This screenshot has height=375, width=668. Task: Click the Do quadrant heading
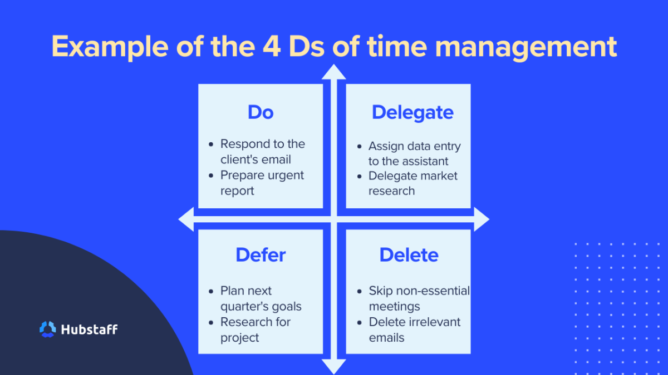pyautogui.click(x=261, y=112)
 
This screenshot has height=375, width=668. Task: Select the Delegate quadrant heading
pyautogui.click(x=412, y=112)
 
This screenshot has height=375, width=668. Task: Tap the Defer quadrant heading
pyautogui.click(x=261, y=255)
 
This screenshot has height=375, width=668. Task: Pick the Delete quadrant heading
pyautogui.click(x=409, y=255)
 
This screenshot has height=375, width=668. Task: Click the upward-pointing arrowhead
pyautogui.click(x=334, y=72)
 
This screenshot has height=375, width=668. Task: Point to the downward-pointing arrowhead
pyautogui.click(x=334, y=367)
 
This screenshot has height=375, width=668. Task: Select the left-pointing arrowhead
pyautogui.click(x=186, y=219)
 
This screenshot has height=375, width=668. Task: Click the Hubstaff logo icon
pyautogui.click(x=48, y=329)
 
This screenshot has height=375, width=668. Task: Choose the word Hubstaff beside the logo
pyautogui.click(x=90, y=329)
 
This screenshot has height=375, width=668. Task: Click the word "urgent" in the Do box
pyautogui.click(x=284, y=175)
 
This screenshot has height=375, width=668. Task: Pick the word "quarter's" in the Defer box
pyautogui.click(x=245, y=306)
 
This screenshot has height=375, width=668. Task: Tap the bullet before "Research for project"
pyautogui.click(x=211, y=322)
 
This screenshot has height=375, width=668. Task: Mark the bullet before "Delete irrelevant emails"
pyautogui.click(x=360, y=322)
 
